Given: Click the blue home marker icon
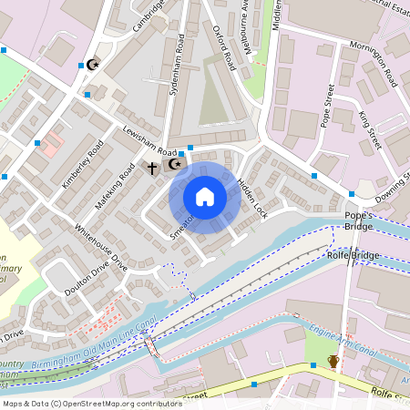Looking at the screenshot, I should click(x=205, y=197).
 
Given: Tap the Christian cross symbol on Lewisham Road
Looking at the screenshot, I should click(x=153, y=168).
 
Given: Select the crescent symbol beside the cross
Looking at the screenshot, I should click(x=173, y=165).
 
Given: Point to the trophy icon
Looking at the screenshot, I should click(x=333, y=362).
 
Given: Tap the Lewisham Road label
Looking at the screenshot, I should click(x=149, y=139).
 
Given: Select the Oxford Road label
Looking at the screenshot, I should click(x=225, y=48).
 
